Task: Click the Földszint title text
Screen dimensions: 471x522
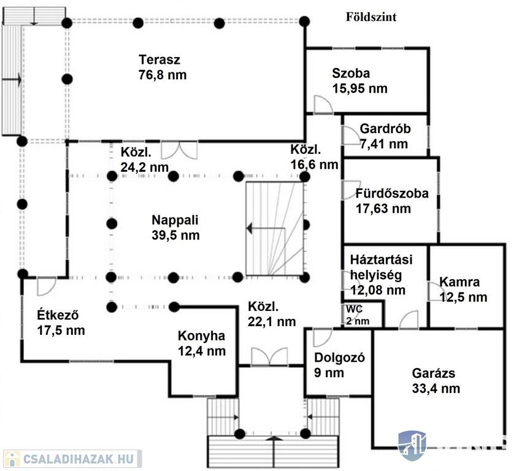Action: [370, 17]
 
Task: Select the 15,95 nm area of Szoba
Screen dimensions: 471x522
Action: [359, 88]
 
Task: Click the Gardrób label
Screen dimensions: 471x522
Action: [385, 130]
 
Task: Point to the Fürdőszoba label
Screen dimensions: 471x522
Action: [391, 194]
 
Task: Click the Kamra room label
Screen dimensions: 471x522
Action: [463, 283]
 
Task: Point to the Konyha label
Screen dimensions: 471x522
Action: [202, 336]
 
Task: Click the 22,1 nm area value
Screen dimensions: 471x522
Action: [272, 321]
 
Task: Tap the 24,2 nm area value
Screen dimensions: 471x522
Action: [145, 167]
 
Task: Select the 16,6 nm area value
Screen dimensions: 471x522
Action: [314, 164]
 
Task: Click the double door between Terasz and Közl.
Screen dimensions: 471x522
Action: [179, 150]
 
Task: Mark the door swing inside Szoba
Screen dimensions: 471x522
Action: [321, 104]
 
